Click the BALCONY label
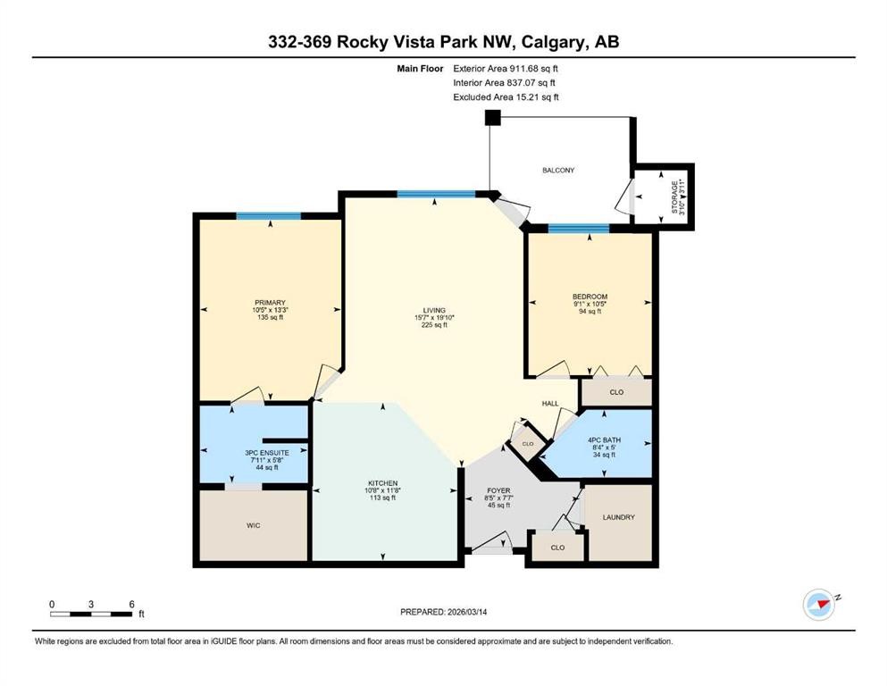(557, 171)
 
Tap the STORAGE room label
(674, 197)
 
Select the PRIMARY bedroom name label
(270, 303)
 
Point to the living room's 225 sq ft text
(434, 325)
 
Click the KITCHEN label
(383, 483)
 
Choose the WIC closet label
(254, 525)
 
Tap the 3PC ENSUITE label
(267, 453)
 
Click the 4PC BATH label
(604, 440)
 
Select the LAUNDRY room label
(619, 517)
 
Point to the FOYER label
(498, 490)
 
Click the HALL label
(550, 403)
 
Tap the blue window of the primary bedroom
(269, 215)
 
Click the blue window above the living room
(436, 194)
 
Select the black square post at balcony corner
(493, 118)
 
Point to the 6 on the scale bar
(132, 604)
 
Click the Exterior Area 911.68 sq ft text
(506, 69)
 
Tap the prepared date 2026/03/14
(466, 612)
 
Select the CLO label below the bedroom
(616, 392)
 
